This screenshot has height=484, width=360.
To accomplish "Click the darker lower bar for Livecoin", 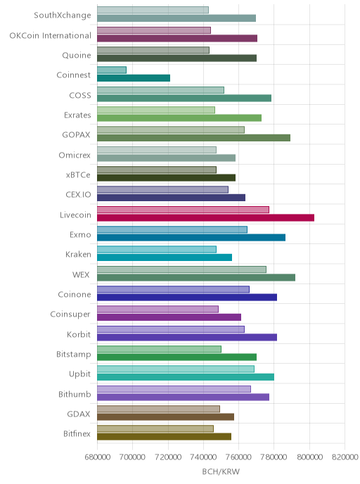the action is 205,217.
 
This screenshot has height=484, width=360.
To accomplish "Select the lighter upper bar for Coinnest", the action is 112,70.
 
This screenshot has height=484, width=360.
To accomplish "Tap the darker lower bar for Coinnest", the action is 134,78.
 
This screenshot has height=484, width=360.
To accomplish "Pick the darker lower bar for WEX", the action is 196,277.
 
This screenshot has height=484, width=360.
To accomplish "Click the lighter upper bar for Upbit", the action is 176,369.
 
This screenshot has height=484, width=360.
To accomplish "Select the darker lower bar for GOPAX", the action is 193,138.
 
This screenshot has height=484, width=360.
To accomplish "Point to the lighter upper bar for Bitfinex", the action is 155,428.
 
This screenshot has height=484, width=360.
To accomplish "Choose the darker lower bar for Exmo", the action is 191,237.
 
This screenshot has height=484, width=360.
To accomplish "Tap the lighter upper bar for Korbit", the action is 171,329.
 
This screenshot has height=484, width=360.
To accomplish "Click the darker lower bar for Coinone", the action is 187,298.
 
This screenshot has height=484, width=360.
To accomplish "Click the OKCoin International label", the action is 51,35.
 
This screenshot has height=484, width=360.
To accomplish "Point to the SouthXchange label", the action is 63,15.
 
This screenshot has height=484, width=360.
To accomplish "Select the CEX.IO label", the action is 78,195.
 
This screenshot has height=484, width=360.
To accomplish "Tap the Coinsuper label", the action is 70,314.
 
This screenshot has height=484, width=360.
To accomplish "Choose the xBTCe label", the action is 78,175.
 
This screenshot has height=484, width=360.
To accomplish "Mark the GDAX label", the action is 79,414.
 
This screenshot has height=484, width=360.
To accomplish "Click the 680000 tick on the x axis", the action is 98,457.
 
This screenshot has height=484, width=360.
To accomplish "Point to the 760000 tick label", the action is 239,457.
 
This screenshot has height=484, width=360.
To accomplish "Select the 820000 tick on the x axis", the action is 345,457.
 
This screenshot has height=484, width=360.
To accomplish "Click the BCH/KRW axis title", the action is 221,471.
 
